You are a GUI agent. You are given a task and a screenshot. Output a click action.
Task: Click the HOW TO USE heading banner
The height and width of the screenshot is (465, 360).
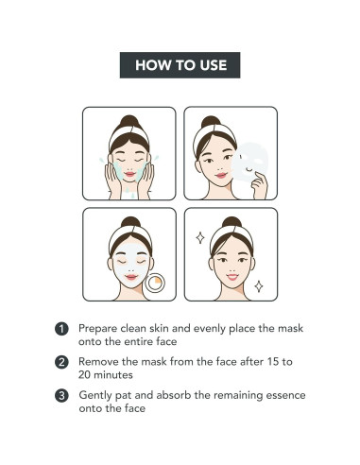180,65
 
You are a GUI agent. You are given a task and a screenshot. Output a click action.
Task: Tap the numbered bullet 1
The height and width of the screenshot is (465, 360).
61,329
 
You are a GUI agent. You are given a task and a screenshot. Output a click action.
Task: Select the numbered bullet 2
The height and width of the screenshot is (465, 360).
61,362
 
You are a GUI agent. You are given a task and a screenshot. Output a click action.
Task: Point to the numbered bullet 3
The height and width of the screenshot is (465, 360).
61,396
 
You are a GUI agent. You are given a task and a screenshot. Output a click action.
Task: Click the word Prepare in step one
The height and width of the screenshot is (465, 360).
97,329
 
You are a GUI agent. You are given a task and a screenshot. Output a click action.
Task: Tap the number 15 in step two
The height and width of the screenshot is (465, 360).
272,362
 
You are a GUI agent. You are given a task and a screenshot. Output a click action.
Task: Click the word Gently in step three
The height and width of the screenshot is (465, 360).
95,396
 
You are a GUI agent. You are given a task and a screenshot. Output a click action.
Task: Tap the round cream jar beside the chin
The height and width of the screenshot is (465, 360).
155,283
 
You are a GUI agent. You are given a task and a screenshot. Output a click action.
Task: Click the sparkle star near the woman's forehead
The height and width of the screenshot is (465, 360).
200,237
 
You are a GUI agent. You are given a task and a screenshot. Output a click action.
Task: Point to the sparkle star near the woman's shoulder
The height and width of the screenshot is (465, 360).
259,286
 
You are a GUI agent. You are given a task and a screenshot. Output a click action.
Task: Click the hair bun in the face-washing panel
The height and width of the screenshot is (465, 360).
129,121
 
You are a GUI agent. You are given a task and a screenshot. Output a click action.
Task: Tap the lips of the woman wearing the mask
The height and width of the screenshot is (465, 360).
131,277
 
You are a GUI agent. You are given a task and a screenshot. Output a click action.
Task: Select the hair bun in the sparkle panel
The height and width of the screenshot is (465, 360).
231,222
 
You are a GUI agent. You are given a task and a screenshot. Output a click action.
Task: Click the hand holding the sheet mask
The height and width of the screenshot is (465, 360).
260,185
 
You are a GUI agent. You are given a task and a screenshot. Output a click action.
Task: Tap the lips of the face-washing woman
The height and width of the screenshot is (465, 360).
129,174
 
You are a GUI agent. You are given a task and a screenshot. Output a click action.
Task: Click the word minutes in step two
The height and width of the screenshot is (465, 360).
113,375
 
